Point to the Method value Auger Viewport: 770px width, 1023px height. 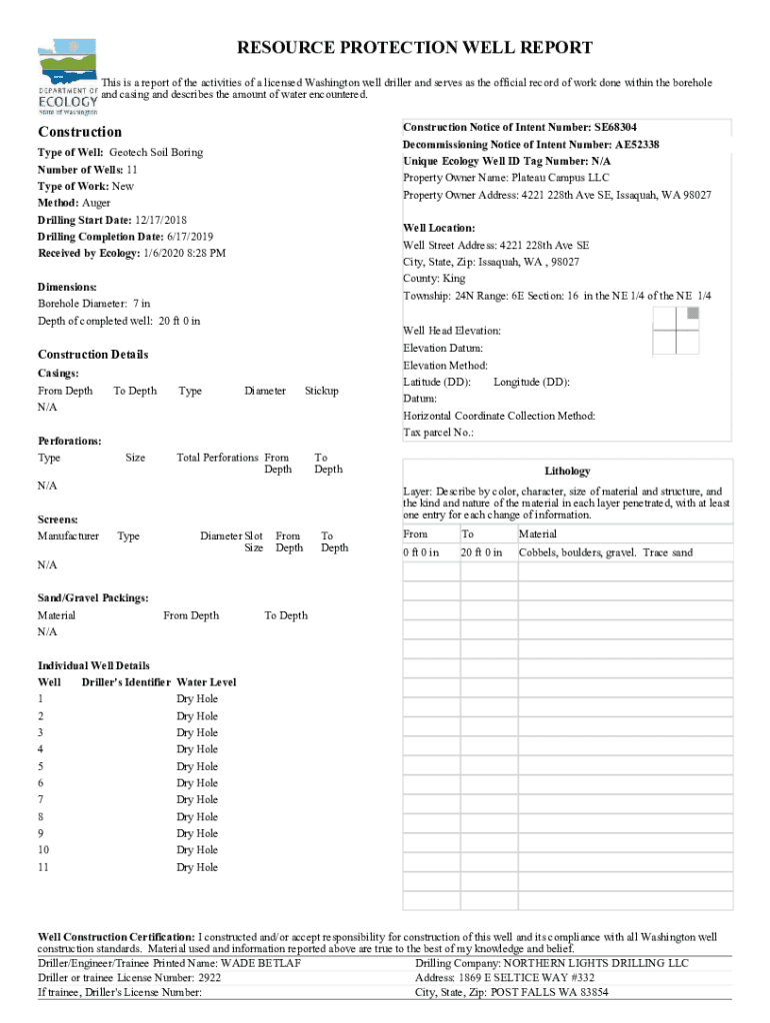(x=96, y=203)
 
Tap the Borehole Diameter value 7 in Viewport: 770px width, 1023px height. (x=141, y=304)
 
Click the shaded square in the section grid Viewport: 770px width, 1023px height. (x=693, y=313)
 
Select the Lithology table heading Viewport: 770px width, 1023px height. (x=567, y=471)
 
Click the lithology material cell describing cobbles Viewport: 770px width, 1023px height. (x=605, y=552)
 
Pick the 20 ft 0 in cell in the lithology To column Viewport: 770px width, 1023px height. (x=481, y=552)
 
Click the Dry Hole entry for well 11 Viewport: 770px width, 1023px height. (x=197, y=867)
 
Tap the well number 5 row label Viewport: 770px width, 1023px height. (x=41, y=766)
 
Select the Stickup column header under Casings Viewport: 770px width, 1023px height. (x=321, y=391)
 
